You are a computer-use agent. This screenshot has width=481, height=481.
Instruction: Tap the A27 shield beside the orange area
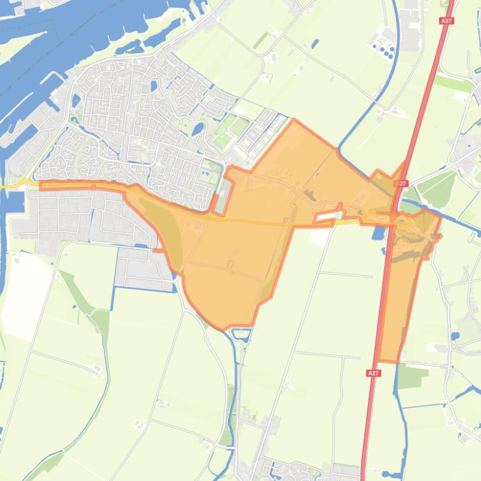click(x=401, y=184)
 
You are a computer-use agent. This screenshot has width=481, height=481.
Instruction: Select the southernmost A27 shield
click(x=373, y=373)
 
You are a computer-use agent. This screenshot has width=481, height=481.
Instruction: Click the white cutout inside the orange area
click(x=325, y=217)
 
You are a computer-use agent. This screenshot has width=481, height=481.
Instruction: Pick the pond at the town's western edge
click(x=76, y=100)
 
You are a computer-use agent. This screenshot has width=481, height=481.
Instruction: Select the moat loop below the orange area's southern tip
click(x=241, y=334)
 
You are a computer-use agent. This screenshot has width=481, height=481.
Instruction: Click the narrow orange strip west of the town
click(x=81, y=186)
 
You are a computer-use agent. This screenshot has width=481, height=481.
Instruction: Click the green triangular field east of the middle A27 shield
click(x=437, y=187)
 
